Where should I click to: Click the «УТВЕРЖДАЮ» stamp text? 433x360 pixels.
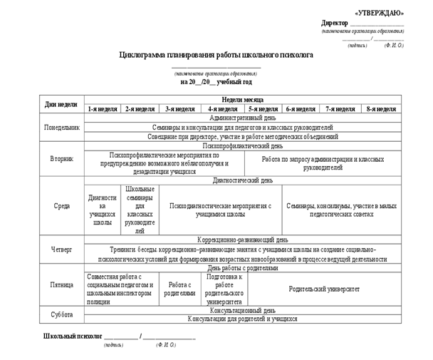(x=378, y=13)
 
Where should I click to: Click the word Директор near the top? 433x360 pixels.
(x=335, y=24)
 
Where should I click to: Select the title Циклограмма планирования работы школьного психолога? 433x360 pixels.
(x=217, y=54)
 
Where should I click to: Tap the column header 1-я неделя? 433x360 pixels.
(x=102, y=110)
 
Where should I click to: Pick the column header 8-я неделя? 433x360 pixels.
(x=381, y=110)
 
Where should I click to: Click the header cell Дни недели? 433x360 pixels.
(x=61, y=105)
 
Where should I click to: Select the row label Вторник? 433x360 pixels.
(x=61, y=159)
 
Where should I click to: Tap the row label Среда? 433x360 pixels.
(x=61, y=206)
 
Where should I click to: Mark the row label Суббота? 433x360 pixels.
(x=61, y=314)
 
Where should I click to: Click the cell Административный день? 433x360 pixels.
(x=242, y=118)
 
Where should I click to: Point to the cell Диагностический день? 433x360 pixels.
(x=242, y=181)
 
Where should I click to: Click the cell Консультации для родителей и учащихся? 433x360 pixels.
(x=242, y=319)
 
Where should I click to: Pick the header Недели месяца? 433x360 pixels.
(x=242, y=101)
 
